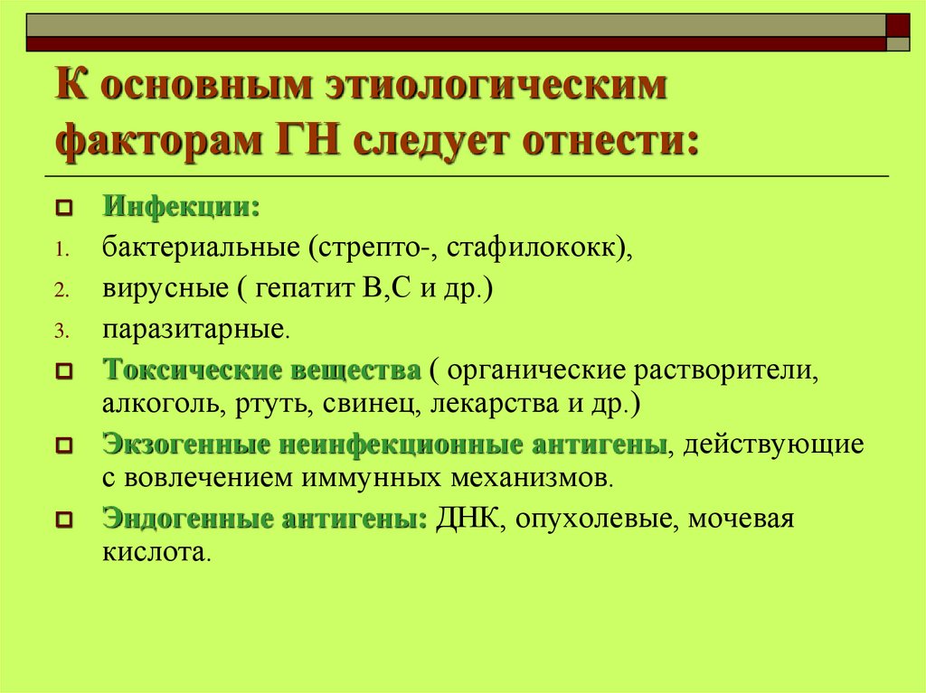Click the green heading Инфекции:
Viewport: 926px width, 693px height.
click(181, 207)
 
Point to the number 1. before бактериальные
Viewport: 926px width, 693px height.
click(59, 249)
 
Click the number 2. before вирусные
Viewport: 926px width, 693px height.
click(60, 291)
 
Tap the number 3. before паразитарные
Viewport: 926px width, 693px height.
click(60, 332)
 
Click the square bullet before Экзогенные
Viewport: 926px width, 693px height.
click(63, 446)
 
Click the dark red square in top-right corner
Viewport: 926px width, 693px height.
click(897, 23)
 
